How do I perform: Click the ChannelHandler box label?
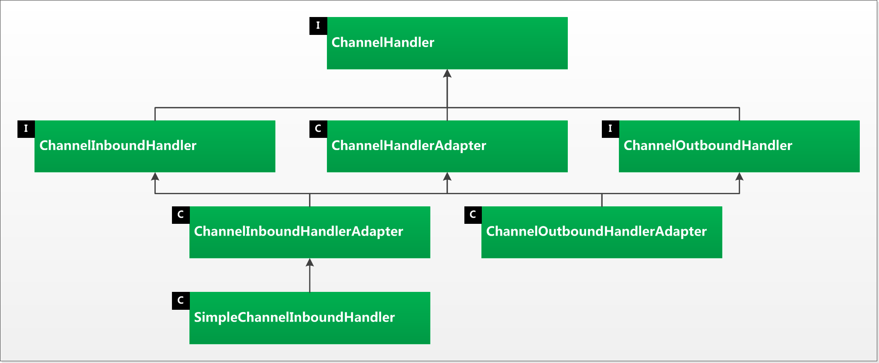tap(383, 42)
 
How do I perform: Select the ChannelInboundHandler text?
tap(118, 145)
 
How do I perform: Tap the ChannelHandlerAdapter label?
tap(409, 145)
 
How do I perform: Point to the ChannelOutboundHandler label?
tap(707, 145)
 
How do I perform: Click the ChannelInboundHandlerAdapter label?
tap(298, 231)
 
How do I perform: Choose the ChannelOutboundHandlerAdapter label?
tap(596, 231)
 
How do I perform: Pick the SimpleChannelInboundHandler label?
tap(294, 317)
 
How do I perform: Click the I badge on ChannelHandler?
tap(318, 26)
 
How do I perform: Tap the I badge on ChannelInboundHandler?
tap(26, 129)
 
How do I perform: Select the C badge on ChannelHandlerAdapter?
tap(318, 129)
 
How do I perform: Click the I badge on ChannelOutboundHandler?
tap(610, 129)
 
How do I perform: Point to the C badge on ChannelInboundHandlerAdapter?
tap(181, 215)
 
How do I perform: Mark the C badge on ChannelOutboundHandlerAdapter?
tap(473, 215)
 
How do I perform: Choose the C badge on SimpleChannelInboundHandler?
tap(181, 301)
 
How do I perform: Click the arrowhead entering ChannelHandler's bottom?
tap(447, 73)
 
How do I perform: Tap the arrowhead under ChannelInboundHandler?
tap(155, 177)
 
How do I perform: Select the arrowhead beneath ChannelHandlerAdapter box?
tap(447, 177)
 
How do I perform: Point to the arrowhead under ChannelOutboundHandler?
tap(739, 177)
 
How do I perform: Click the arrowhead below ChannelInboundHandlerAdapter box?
tap(309, 263)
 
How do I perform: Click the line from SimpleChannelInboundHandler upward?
tap(309, 279)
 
